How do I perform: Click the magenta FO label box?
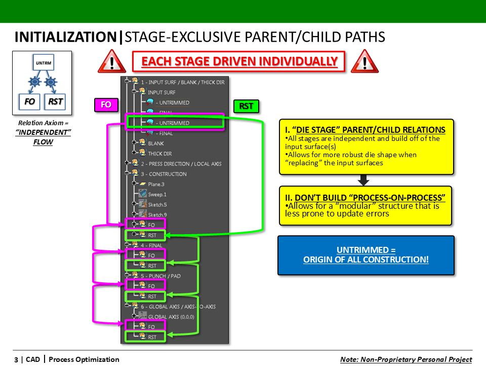106,105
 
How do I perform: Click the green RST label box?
246,106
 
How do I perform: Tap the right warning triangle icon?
361,63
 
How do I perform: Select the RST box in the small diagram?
55,101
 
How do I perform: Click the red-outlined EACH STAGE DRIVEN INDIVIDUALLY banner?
238,62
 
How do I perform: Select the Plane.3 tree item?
156,184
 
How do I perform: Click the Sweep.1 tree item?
157,194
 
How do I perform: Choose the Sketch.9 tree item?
157,214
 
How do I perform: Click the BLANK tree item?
155,143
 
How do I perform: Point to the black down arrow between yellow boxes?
363,180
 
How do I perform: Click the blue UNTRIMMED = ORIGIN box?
366,255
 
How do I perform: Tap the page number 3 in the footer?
16,360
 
